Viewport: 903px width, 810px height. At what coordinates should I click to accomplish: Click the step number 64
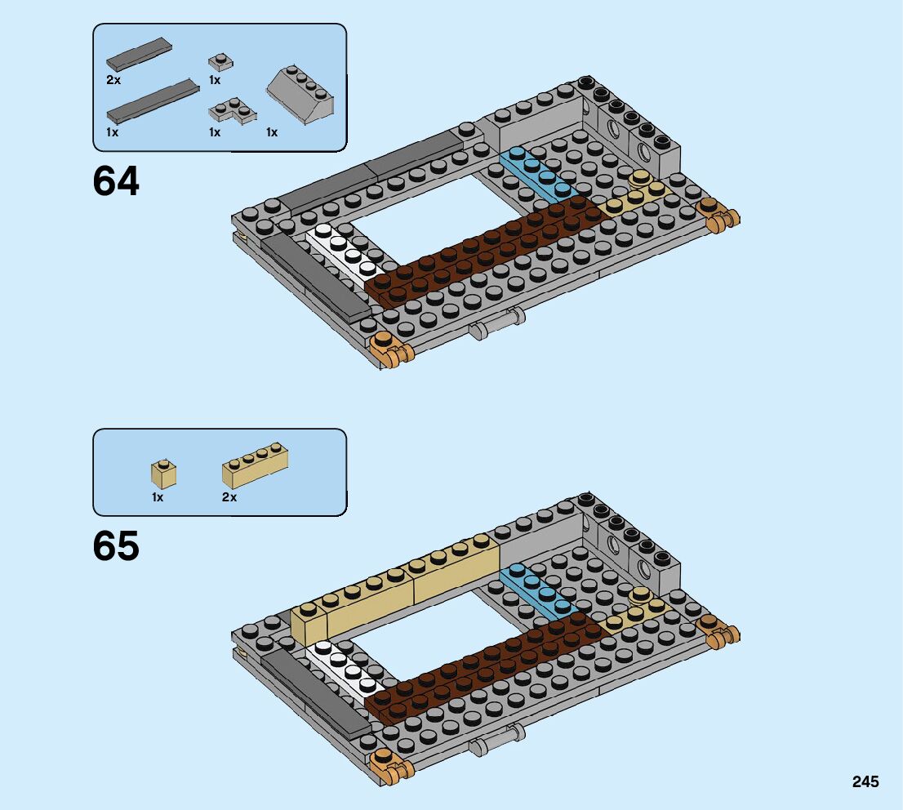116,181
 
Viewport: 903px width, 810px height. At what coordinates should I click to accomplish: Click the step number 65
116,546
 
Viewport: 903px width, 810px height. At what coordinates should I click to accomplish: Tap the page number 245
865,782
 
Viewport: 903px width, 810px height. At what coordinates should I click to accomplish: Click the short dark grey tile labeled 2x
139,54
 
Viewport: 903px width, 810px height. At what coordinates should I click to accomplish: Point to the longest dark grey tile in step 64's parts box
153,102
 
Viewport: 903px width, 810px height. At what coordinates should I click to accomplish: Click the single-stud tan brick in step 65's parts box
163,474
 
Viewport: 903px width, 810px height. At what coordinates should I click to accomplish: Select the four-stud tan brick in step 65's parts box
255,465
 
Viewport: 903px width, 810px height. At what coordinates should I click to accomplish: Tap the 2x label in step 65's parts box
229,497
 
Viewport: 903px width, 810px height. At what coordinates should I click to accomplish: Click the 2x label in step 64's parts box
113,80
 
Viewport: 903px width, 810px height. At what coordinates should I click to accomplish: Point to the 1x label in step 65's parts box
158,497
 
